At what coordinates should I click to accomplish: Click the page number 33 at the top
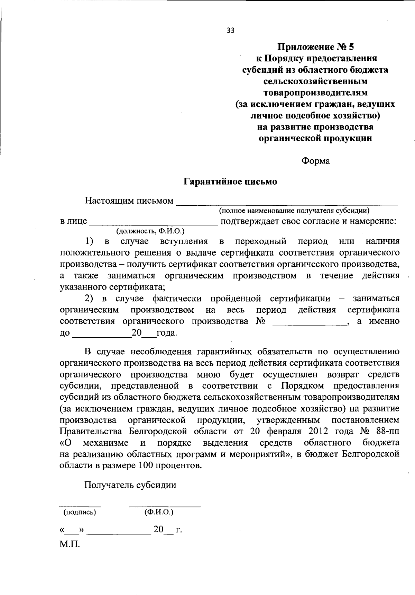point(230,30)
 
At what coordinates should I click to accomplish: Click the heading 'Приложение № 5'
point(314,47)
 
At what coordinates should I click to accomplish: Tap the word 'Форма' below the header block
point(315,161)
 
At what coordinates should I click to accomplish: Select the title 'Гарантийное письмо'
point(230,181)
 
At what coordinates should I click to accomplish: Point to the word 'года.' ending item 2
point(167,333)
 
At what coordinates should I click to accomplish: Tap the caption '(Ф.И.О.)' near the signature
point(159,512)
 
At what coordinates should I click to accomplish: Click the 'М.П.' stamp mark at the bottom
point(70,544)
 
